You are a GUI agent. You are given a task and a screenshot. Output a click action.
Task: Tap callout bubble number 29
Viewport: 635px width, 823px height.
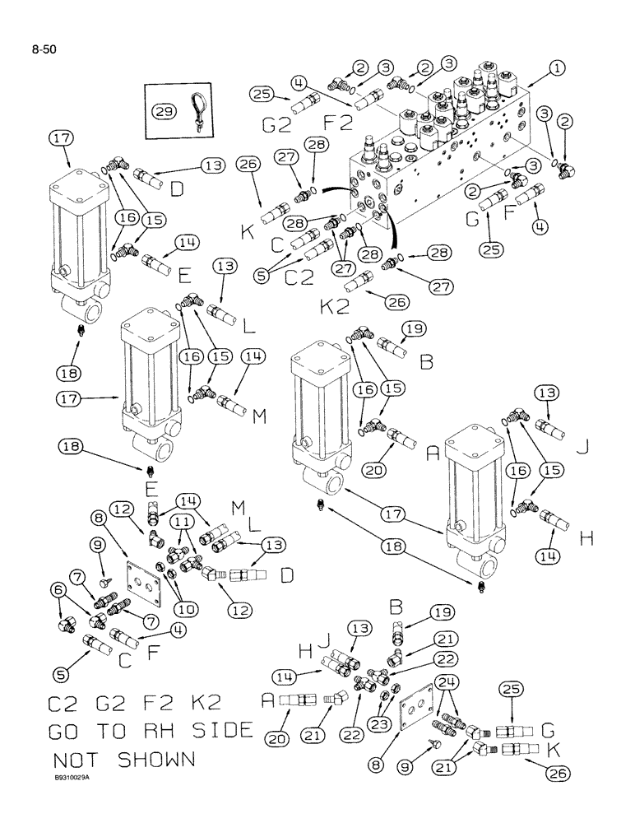click(x=160, y=111)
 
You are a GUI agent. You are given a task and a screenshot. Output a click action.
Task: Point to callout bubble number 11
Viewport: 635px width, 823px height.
click(x=183, y=522)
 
